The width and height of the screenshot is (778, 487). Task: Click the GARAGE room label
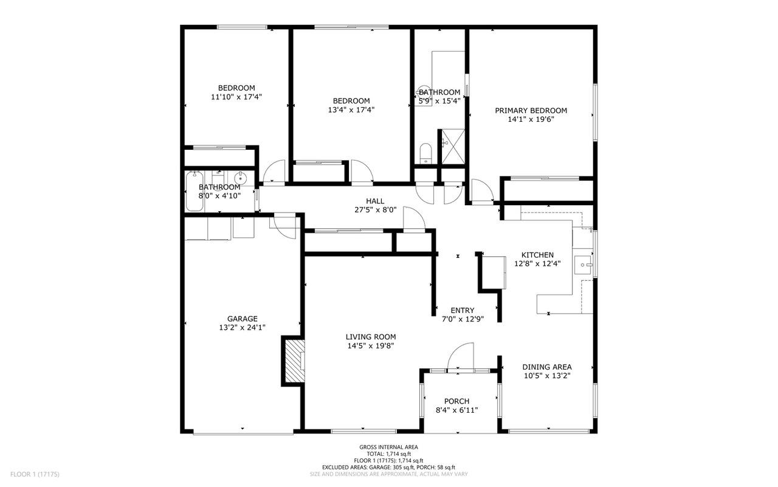243,318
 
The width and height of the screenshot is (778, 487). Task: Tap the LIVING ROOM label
371,337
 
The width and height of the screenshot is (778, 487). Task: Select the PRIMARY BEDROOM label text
531,111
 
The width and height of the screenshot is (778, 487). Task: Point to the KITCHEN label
537,255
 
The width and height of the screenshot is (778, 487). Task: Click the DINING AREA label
547,367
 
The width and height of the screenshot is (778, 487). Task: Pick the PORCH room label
456,401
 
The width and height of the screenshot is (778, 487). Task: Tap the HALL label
375,201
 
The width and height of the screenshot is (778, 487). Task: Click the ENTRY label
463,310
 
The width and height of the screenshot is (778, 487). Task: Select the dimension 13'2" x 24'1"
243,328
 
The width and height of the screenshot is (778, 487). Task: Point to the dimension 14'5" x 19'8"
371,346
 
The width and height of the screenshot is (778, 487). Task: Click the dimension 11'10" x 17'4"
236,97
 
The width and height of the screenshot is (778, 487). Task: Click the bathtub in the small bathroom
194,191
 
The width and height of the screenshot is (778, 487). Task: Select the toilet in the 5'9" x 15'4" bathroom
425,153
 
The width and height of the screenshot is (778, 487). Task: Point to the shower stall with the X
453,145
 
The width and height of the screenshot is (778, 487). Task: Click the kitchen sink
583,265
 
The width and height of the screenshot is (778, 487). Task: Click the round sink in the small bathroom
240,178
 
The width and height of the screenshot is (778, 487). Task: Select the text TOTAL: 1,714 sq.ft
388,454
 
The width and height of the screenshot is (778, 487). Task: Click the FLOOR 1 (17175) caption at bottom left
35,474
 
